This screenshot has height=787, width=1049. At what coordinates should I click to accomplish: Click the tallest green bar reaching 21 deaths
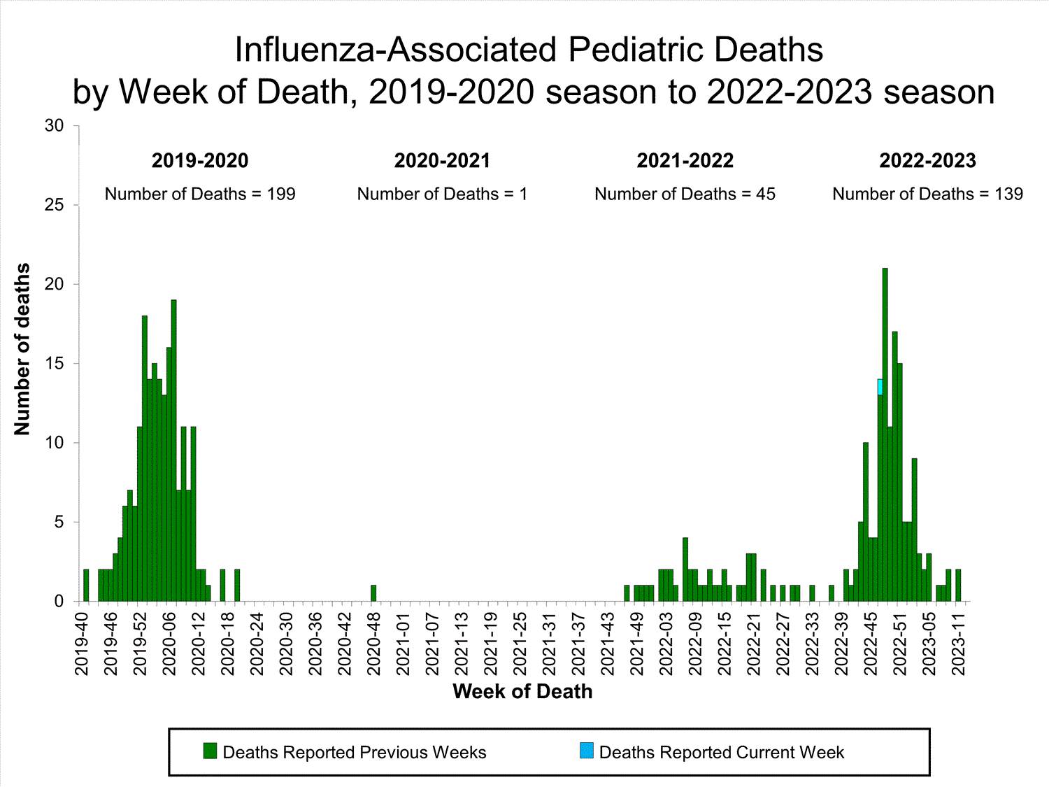[885, 434]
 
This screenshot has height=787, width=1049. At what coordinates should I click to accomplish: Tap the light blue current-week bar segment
[880, 387]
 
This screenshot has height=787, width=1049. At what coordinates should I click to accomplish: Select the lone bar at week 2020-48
[373, 593]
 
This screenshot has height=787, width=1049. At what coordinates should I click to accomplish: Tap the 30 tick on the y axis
[54, 126]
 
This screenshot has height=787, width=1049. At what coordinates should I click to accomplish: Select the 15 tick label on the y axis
[54, 364]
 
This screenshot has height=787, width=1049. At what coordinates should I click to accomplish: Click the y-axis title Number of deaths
[22, 349]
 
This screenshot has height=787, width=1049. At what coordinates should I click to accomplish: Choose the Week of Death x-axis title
[522, 692]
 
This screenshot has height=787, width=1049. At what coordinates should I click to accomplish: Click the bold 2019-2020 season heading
[200, 161]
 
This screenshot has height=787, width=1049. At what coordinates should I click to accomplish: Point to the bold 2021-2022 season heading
[685, 161]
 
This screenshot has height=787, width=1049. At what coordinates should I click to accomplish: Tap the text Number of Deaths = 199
[200, 194]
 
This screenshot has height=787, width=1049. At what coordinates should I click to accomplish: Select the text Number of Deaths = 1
[442, 194]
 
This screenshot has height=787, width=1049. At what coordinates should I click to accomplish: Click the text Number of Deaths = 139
[927, 194]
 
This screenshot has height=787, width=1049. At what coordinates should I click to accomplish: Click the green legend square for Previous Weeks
[210, 751]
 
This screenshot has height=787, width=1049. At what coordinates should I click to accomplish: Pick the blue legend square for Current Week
[586, 751]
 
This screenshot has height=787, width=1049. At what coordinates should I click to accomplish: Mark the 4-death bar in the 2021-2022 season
[685, 569]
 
